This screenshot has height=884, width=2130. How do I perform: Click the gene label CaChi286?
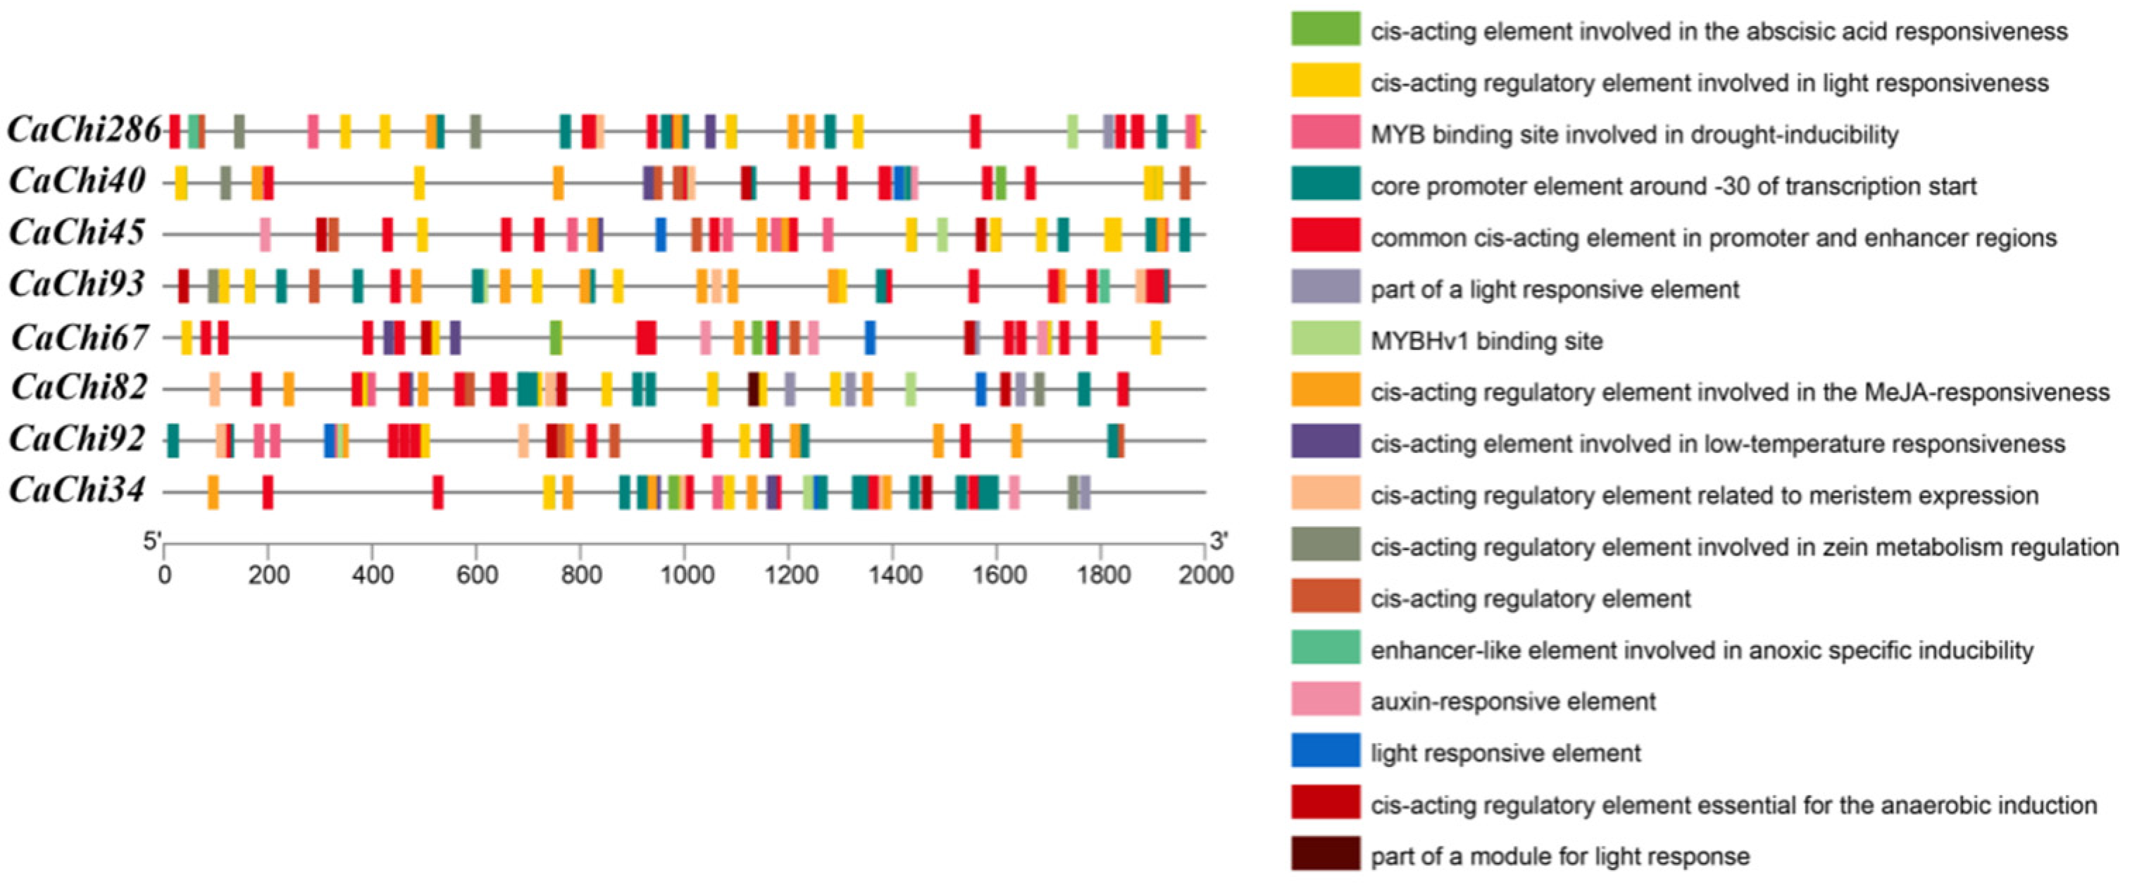point(85,130)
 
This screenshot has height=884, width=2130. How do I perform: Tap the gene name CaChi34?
point(77,491)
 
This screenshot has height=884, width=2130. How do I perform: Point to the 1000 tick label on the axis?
point(685,574)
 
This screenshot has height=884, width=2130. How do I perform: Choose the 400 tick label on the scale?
point(372,574)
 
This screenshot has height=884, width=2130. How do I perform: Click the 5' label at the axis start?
point(152,542)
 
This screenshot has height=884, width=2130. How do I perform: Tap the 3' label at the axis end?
point(1219,542)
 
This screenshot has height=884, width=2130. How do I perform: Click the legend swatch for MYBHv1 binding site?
point(1326,338)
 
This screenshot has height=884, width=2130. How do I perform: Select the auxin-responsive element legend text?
point(1513,702)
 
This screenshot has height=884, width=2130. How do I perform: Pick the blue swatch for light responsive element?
point(1326,751)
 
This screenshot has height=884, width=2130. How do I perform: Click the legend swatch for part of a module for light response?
point(1326,854)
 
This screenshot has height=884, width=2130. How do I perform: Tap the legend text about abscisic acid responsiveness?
point(1719,32)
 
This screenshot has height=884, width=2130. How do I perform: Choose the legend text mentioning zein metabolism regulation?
point(1745,547)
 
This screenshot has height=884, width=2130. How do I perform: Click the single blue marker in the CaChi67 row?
point(870,337)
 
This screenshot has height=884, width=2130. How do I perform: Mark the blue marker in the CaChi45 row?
point(661,234)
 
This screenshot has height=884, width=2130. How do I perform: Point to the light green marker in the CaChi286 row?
point(1073,132)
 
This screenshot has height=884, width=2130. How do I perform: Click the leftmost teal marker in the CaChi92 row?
point(173,440)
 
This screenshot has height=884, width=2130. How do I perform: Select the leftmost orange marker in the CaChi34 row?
point(213,492)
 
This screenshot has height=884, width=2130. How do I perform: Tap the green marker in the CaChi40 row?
point(1000,182)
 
